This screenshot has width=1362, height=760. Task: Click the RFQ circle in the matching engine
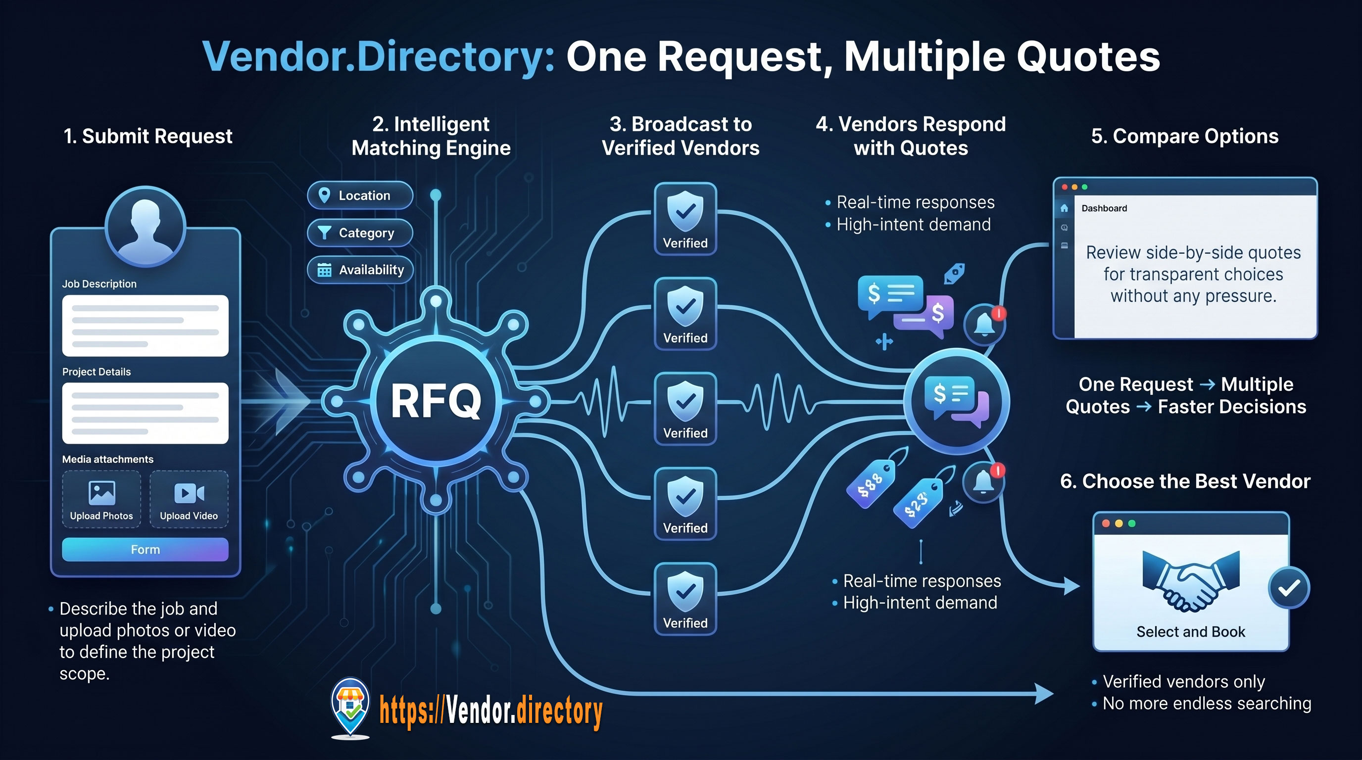pos(436,401)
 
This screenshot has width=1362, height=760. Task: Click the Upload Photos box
pos(101,499)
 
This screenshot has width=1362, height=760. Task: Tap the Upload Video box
pos(189,499)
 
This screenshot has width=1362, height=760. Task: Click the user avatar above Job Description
pos(146,226)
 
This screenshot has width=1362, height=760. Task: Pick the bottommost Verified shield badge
pos(685,599)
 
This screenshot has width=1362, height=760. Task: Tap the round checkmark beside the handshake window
pos(1289,588)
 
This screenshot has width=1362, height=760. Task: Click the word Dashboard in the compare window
pos(1104,208)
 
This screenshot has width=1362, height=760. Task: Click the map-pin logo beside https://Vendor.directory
pos(350,707)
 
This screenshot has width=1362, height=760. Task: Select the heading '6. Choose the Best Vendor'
pos(1185,481)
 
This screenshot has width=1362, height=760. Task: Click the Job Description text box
pos(146,326)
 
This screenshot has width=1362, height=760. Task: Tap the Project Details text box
pos(146,413)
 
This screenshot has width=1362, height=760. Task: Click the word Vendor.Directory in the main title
pos(378,56)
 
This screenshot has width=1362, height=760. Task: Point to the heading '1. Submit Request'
pos(148,137)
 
